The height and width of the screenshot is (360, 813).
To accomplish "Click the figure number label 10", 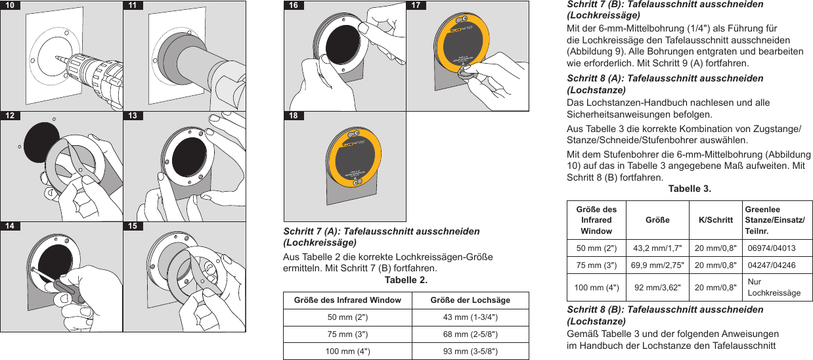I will [10, 5].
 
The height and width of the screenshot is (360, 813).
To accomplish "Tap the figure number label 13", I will [133, 116].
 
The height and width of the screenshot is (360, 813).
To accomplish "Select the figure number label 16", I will [293, 5].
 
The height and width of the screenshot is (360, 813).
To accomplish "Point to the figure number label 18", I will [293, 116].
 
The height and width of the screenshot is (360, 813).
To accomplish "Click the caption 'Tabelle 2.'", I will [405, 281].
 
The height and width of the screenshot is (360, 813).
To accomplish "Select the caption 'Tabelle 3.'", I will [689, 189].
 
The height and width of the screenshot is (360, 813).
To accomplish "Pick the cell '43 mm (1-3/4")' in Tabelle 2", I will [470, 317].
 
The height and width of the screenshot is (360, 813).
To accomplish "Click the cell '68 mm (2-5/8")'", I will [470, 334].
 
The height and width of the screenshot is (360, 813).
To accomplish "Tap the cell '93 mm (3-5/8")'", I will [470, 351].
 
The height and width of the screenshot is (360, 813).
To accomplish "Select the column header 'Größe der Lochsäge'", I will [470, 300].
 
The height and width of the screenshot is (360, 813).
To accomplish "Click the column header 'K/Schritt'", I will [715, 220].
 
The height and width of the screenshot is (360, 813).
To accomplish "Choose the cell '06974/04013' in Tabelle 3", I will [772, 248].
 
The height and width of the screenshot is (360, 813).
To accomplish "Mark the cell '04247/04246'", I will [772, 265].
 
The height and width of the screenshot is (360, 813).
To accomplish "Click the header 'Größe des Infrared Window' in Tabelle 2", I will [347, 300].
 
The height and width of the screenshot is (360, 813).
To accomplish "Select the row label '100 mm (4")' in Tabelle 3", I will [596, 287].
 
